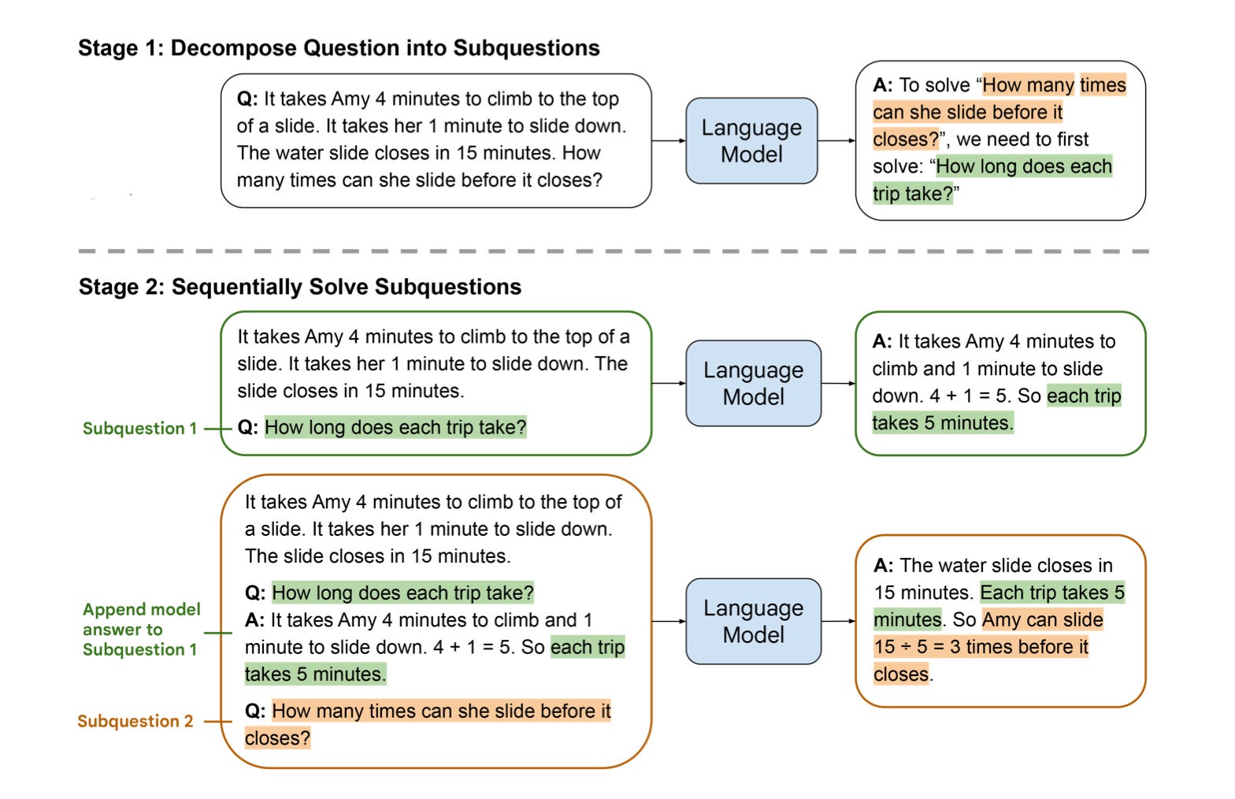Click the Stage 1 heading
(x=339, y=48)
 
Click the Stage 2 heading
(x=299, y=287)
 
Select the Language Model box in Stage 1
(x=751, y=141)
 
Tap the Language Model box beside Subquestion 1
(x=753, y=384)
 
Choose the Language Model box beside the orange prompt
(x=753, y=622)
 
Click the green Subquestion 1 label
(x=139, y=429)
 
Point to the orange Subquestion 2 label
(x=135, y=721)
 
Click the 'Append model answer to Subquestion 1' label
(x=141, y=630)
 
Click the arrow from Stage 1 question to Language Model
(x=669, y=141)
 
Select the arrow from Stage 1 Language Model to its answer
(x=836, y=141)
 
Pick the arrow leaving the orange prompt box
(x=669, y=622)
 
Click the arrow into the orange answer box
(x=838, y=622)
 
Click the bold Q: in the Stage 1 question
(x=247, y=99)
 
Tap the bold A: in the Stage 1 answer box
(x=883, y=85)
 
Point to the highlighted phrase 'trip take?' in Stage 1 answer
(x=912, y=194)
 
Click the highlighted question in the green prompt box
(x=395, y=428)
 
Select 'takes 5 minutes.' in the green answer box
(x=942, y=423)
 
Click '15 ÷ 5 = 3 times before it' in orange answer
(x=981, y=647)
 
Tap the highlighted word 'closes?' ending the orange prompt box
(x=277, y=738)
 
